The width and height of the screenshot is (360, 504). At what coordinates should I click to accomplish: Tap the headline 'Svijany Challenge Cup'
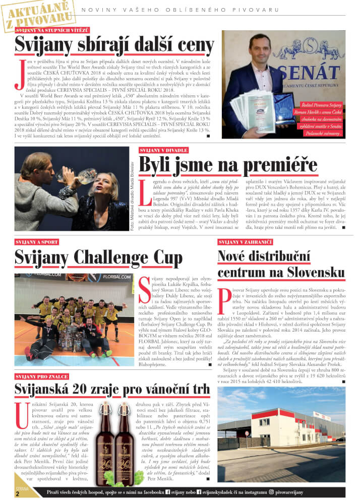pyautogui.click(x=98, y=258)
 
